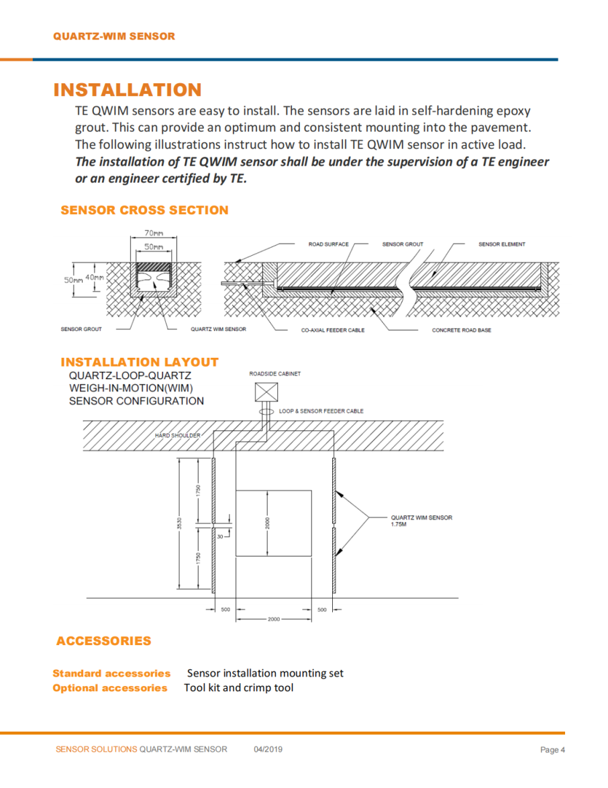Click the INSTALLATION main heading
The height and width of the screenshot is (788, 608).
[x=127, y=90]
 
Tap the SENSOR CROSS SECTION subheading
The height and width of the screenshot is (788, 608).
[x=144, y=210]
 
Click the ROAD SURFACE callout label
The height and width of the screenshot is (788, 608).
[x=328, y=244]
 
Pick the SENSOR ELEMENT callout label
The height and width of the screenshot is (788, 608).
[x=501, y=244]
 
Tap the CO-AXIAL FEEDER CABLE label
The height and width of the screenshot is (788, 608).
[x=333, y=330]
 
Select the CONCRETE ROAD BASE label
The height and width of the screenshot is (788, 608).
[x=461, y=330]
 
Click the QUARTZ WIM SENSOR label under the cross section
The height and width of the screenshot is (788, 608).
[x=218, y=330]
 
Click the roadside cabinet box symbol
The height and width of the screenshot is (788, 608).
[x=266, y=391]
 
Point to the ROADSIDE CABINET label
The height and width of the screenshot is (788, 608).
[x=275, y=374]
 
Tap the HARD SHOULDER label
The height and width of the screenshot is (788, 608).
[x=177, y=435]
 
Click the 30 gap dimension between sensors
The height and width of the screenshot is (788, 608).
[x=219, y=536]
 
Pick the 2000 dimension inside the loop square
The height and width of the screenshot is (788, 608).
[x=267, y=524]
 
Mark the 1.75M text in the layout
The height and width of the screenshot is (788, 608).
[x=399, y=524]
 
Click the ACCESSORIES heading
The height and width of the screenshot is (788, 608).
[x=104, y=641]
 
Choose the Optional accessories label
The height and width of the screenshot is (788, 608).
[x=110, y=688]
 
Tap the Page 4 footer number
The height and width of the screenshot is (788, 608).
[x=553, y=750]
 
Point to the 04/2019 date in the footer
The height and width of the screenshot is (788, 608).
[x=268, y=749]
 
